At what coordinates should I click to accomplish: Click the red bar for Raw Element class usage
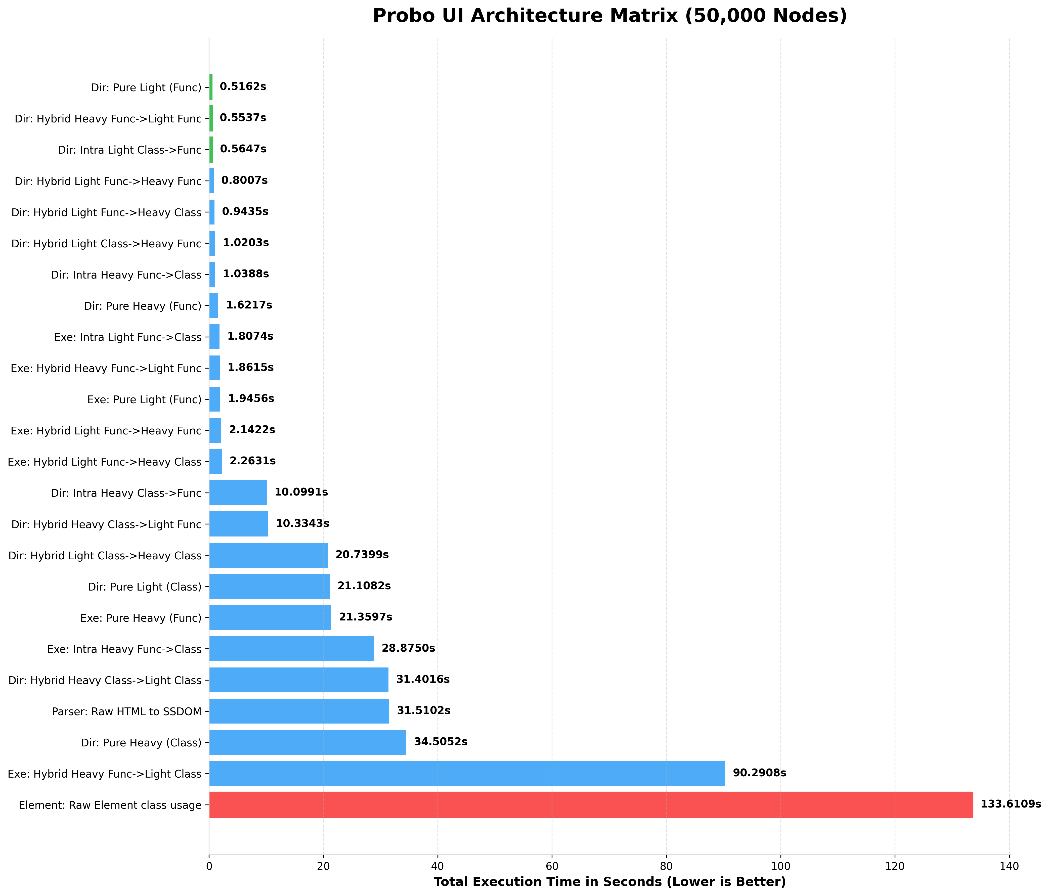[x=591, y=804]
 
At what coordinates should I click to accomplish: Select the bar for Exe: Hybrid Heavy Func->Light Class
[x=467, y=773]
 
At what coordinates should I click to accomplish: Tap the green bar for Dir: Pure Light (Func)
[x=211, y=87]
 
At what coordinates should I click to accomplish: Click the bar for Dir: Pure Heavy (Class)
[x=307, y=742]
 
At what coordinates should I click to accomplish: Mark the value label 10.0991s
[x=301, y=492]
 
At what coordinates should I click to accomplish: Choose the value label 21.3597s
[x=366, y=617]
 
